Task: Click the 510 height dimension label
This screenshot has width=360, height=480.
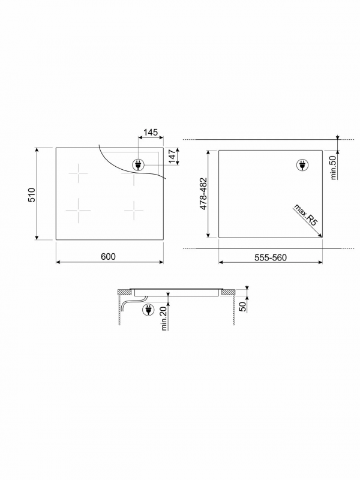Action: tap(32, 195)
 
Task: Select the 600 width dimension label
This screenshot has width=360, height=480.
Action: tap(109, 257)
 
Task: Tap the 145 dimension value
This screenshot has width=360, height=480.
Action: tap(151, 132)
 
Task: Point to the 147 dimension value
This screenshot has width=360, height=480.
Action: tap(172, 156)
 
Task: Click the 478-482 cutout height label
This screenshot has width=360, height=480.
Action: tap(203, 194)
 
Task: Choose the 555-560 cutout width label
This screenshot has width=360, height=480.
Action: tap(271, 258)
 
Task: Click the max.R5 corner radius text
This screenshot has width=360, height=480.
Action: tap(305, 215)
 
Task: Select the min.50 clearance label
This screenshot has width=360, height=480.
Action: tap(334, 167)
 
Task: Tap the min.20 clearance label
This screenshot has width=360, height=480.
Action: tap(164, 319)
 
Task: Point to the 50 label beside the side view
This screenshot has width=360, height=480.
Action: tap(242, 307)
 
